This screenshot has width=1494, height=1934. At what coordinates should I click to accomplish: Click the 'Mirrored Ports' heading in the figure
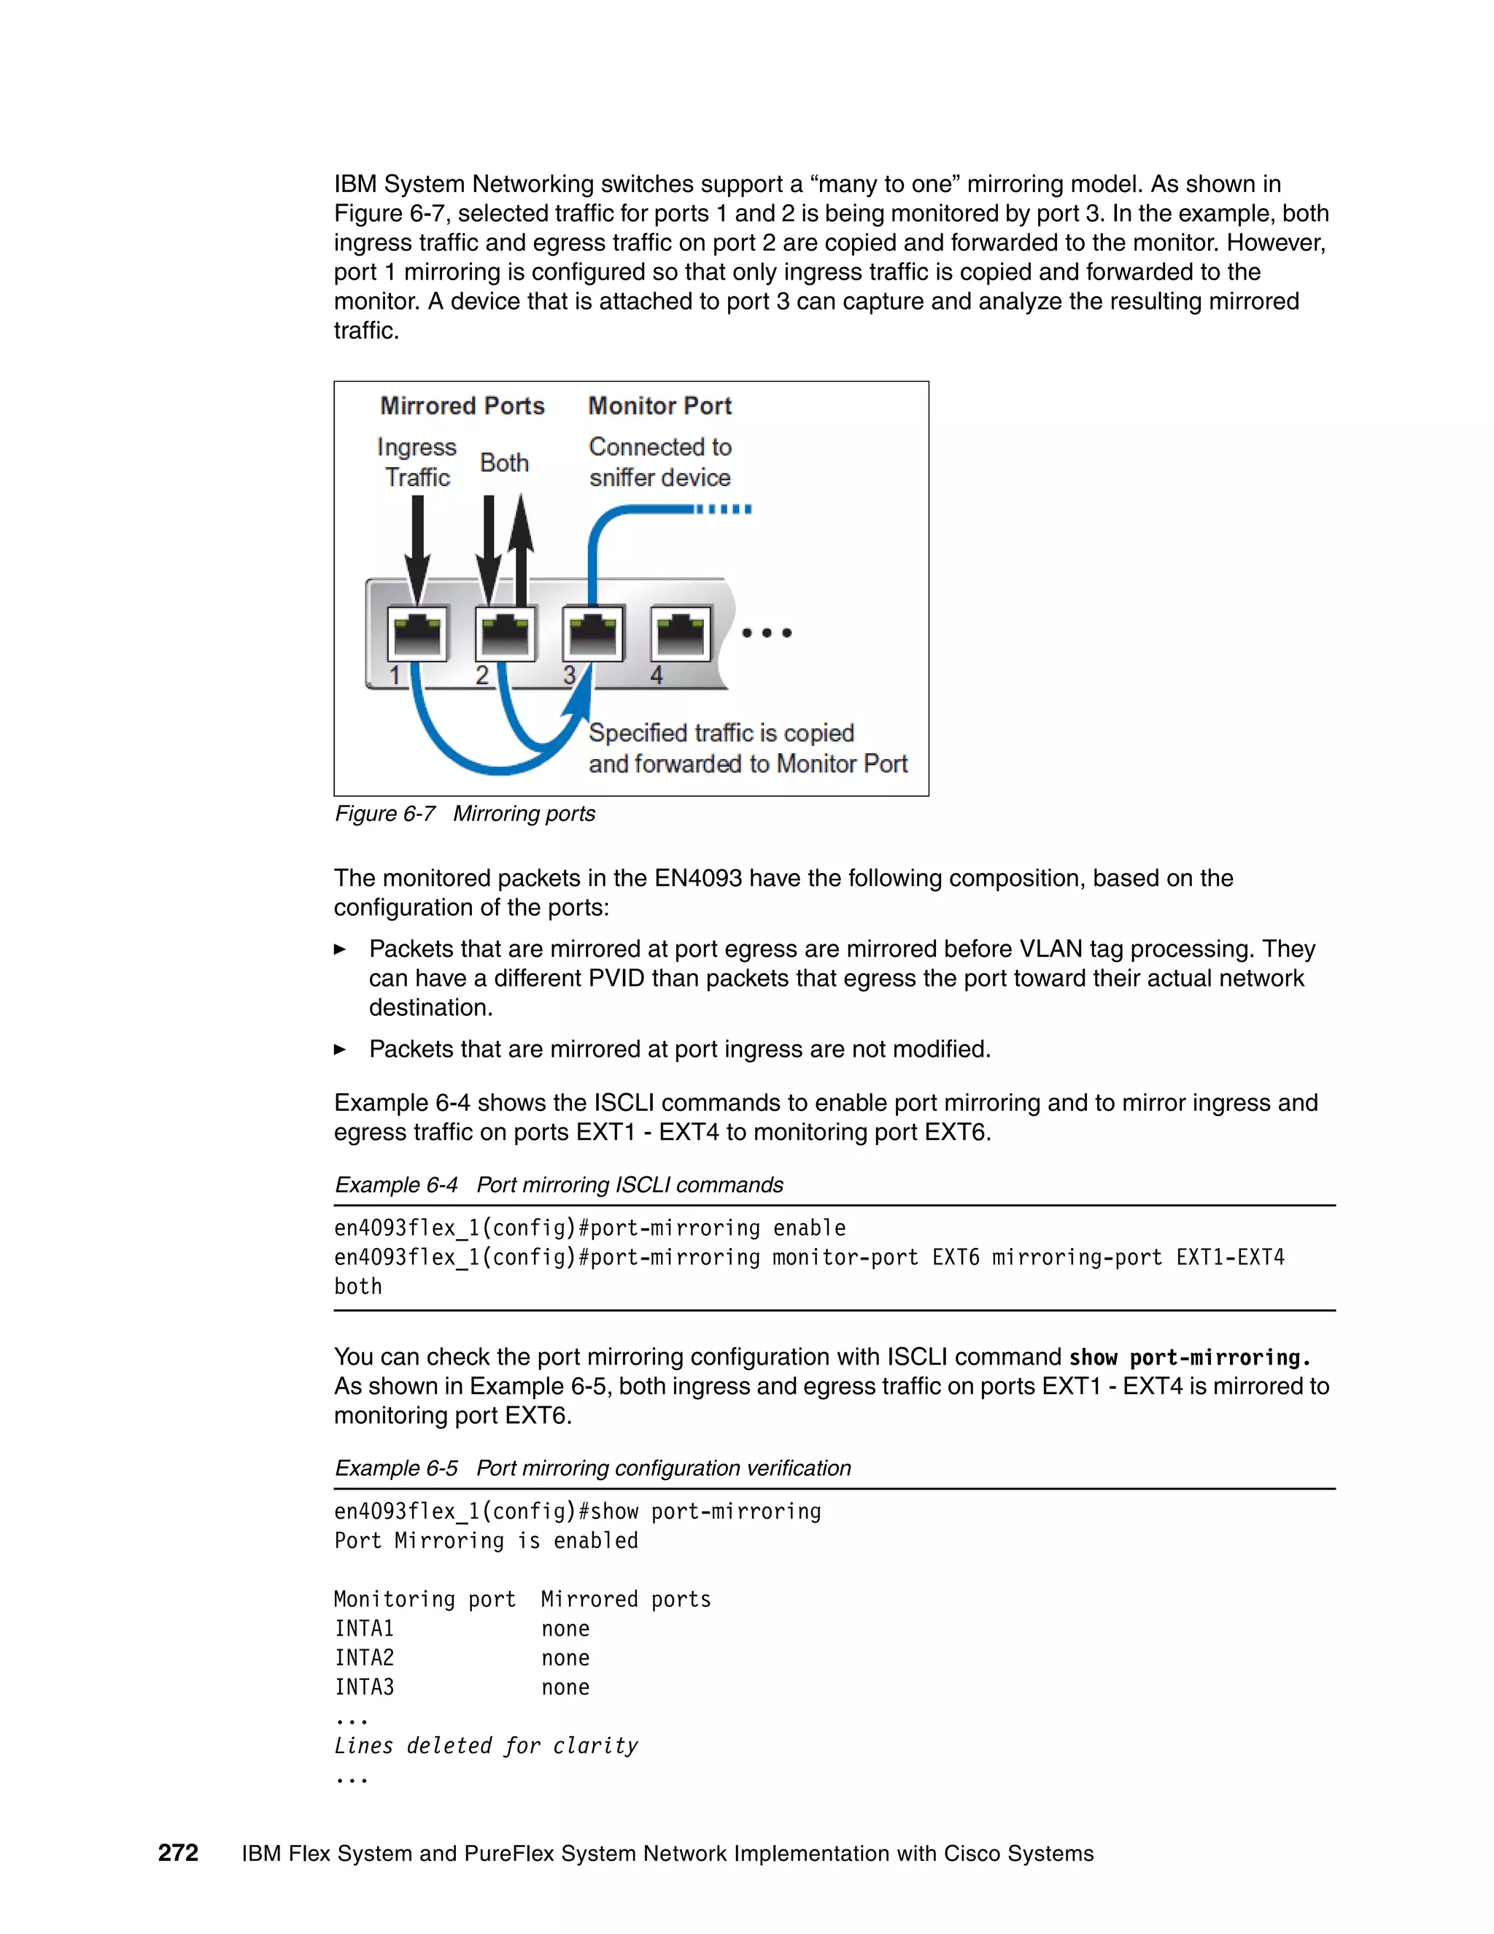click(x=462, y=406)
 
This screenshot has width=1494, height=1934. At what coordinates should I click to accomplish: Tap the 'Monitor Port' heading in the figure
click(x=659, y=406)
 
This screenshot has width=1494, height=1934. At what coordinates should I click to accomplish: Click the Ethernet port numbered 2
click(x=505, y=633)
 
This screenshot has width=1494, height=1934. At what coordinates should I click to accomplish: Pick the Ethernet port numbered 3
click(x=592, y=633)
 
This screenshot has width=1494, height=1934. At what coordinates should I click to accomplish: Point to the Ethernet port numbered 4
click(x=680, y=633)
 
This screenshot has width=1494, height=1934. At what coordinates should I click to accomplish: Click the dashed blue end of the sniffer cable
click(x=724, y=509)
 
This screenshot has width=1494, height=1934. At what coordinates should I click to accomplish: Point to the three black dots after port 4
click(x=767, y=632)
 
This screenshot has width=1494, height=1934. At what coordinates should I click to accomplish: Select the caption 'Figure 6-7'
click(x=384, y=814)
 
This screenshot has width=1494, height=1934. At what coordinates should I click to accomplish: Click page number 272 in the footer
click(x=178, y=1852)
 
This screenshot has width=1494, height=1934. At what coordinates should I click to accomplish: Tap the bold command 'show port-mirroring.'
click(x=1188, y=1357)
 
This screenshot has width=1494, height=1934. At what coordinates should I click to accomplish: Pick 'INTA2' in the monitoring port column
click(x=364, y=1657)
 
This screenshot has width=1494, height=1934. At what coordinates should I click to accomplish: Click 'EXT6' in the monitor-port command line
click(x=955, y=1257)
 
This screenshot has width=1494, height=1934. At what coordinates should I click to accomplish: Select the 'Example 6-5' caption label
click(x=395, y=1468)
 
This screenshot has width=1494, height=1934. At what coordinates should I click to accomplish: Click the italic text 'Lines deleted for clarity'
click(x=485, y=1746)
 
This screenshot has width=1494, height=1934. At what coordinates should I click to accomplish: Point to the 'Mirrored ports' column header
click(x=626, y=1599)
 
